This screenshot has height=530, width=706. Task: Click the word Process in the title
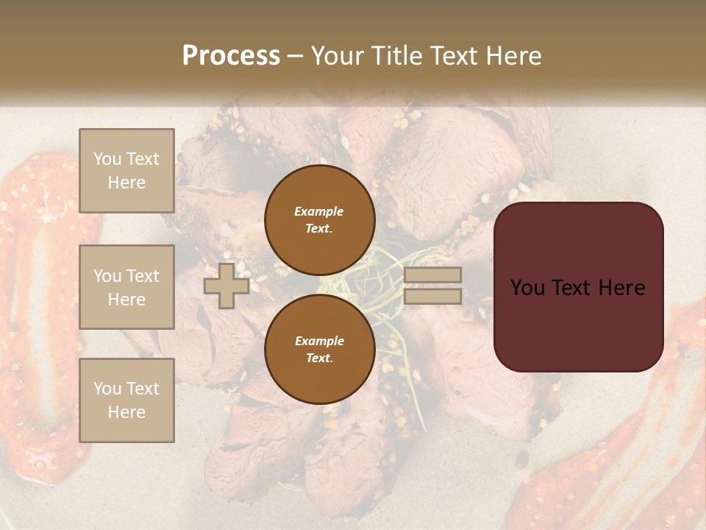(231, 56)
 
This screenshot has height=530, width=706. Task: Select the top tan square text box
(126, 171)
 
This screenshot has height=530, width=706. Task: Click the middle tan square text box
(126, 287)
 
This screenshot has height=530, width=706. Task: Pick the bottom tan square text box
(126, 400)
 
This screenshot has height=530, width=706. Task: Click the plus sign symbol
(227, 286)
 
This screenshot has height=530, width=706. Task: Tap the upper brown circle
(319, 220)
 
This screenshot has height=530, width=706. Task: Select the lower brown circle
(319, 350)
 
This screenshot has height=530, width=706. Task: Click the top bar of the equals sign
(433, 275)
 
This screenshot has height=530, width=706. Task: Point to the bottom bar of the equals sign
(433, 296)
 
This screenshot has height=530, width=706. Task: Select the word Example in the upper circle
(319, 211)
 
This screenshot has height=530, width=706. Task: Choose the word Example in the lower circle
(319, 341)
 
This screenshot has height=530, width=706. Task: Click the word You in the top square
(107, 159)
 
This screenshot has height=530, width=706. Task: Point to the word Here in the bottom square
(126, 412)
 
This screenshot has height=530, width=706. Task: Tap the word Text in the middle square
(142, 276)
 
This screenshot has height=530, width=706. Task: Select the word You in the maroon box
(527, 288)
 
